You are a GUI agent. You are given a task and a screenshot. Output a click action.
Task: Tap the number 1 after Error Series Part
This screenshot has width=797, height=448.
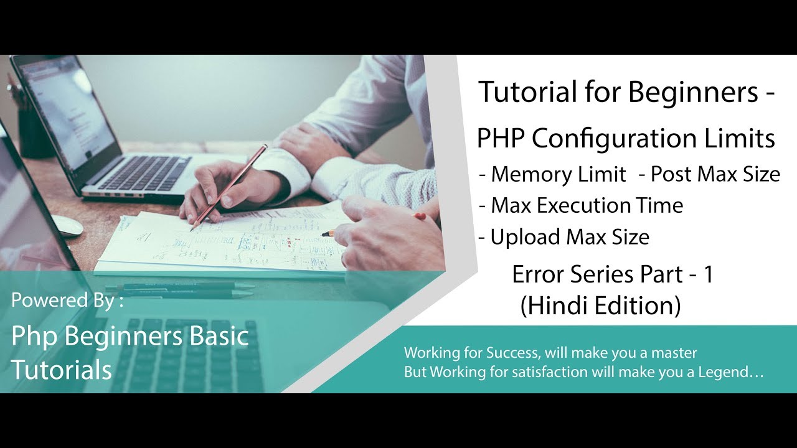point(707,274)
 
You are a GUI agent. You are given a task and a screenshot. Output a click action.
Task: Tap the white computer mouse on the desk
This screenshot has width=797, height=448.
point(67,225)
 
